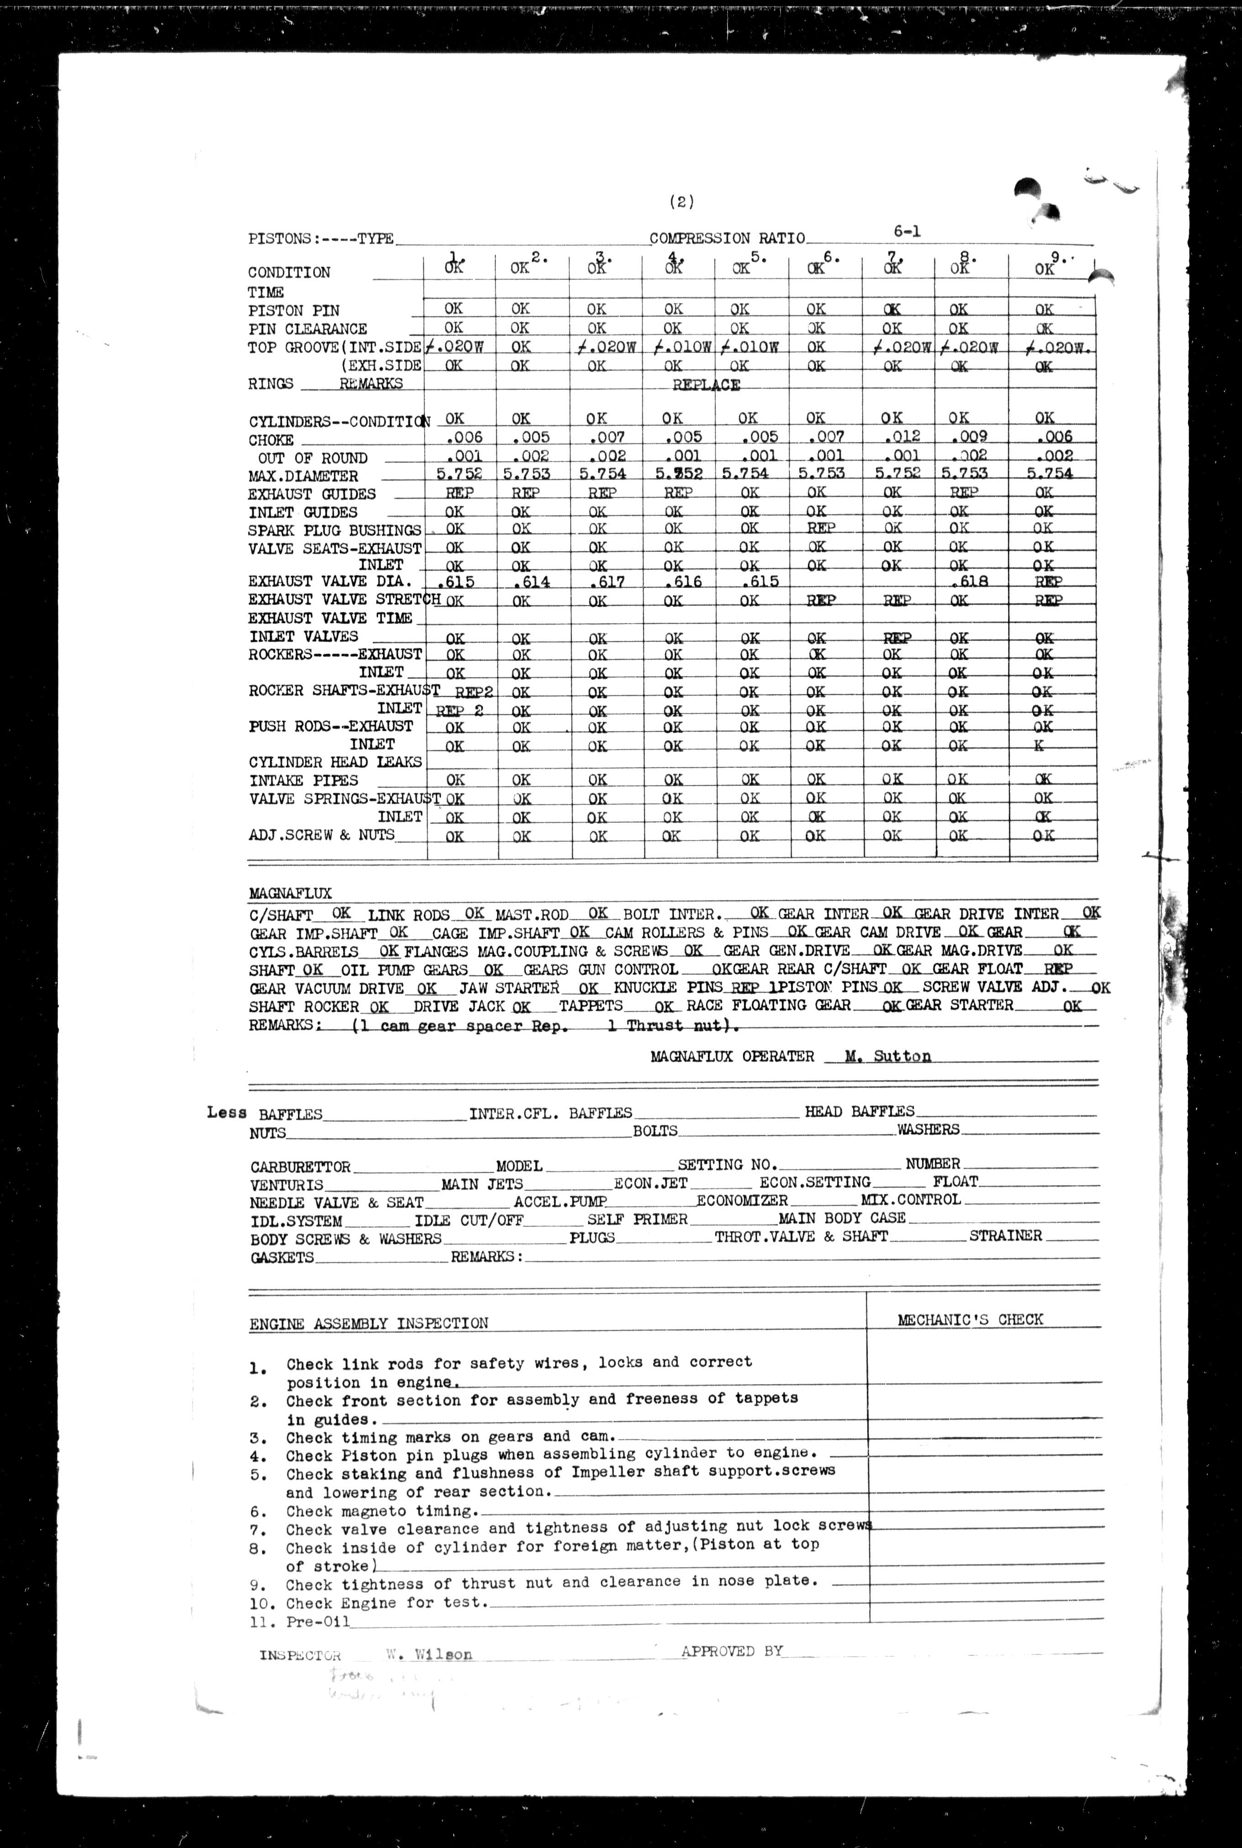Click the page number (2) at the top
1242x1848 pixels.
(681, 202)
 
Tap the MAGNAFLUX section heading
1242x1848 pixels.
(290, 893)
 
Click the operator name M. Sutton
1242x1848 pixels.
(888, 1056)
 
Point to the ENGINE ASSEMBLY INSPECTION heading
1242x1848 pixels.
(369, 1323)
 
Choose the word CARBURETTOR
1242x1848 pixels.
(300, 1167)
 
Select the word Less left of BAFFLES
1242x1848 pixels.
(226, 1113)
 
